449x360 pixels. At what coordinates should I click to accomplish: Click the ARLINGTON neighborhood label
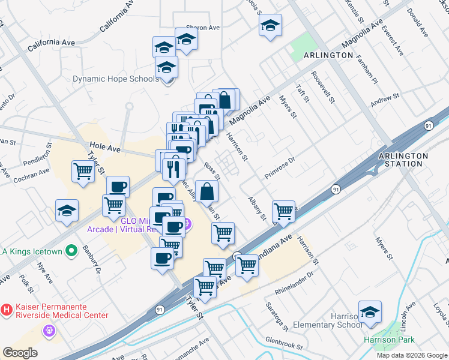coord(328,55)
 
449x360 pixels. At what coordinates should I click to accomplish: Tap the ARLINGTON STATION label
coord(403,160)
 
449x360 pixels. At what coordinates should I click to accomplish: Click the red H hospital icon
coord(7,310)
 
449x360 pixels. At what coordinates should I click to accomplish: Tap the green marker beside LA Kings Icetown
coord(71,251)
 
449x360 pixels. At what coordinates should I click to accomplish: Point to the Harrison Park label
coord(389,340)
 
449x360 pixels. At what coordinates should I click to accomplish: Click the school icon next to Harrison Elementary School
coord(370,312)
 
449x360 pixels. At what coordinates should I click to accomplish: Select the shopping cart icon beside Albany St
coord(283,211)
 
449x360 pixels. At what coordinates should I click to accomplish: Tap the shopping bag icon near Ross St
coord(206,191)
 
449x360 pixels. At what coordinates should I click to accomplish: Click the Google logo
coord(20,353)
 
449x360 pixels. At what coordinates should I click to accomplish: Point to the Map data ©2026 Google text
coord(412,355)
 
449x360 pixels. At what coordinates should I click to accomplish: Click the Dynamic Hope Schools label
coord(116,79)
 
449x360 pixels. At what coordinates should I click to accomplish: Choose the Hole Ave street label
coord(101,145)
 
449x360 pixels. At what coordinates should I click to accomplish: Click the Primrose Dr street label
coord(280,168)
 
